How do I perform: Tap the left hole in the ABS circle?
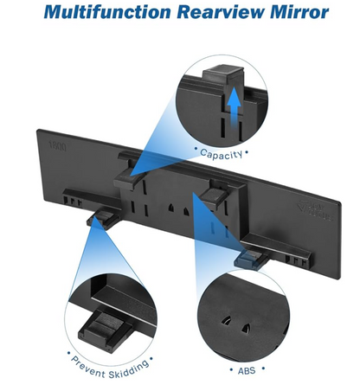point(226,319)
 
